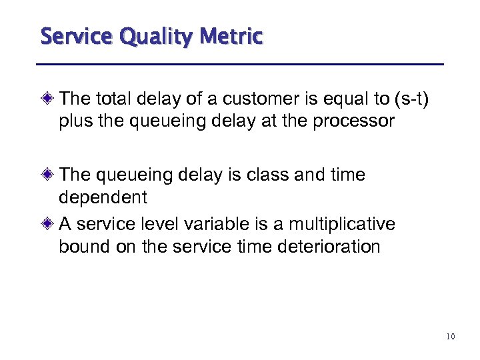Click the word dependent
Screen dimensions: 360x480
click(103, 198)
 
